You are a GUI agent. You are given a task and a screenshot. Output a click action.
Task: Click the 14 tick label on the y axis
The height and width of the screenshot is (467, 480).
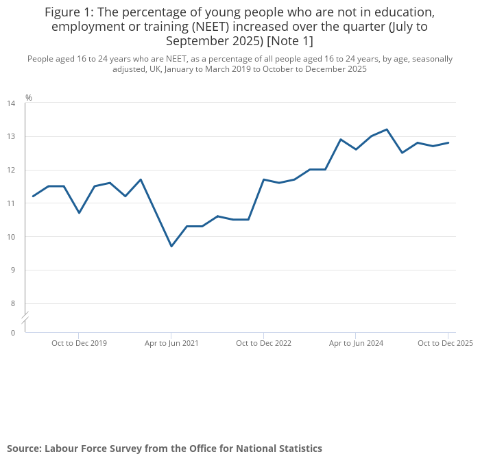tap(11, 103)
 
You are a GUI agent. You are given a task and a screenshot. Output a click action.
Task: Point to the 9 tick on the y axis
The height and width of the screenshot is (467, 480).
tap(11, 270)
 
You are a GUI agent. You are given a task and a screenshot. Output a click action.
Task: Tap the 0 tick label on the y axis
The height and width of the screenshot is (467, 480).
tap(12, 333)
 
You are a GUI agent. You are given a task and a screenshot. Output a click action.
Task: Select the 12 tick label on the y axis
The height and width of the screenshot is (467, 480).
tap(11, 170)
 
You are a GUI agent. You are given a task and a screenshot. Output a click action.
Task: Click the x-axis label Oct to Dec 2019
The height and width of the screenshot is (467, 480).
tap(79, 343)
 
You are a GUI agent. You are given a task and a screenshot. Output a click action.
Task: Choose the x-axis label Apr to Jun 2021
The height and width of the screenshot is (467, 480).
tap(171, 343)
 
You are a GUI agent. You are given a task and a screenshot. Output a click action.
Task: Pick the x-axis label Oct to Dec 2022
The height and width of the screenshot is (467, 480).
tap(263, 343)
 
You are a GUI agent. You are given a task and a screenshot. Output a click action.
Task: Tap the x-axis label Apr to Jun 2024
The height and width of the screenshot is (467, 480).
tap(356, 343)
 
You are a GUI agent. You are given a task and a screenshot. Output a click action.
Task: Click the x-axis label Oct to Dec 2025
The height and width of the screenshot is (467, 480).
tap(445, 343)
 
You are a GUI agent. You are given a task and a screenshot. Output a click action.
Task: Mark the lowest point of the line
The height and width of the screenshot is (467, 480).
tap(171, 246)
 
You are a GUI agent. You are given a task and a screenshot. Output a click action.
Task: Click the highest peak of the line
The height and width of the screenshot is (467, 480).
tap(387, 129)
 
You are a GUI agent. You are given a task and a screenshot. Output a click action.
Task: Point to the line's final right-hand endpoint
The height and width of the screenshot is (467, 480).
tap(448, 142)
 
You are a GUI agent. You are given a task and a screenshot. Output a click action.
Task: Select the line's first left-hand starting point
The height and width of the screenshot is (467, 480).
tap(33, 197)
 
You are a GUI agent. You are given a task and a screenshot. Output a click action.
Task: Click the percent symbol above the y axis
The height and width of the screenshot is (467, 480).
tap(29, 98)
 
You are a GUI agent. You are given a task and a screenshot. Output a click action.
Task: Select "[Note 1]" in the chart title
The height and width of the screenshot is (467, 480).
tap(289, 41)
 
